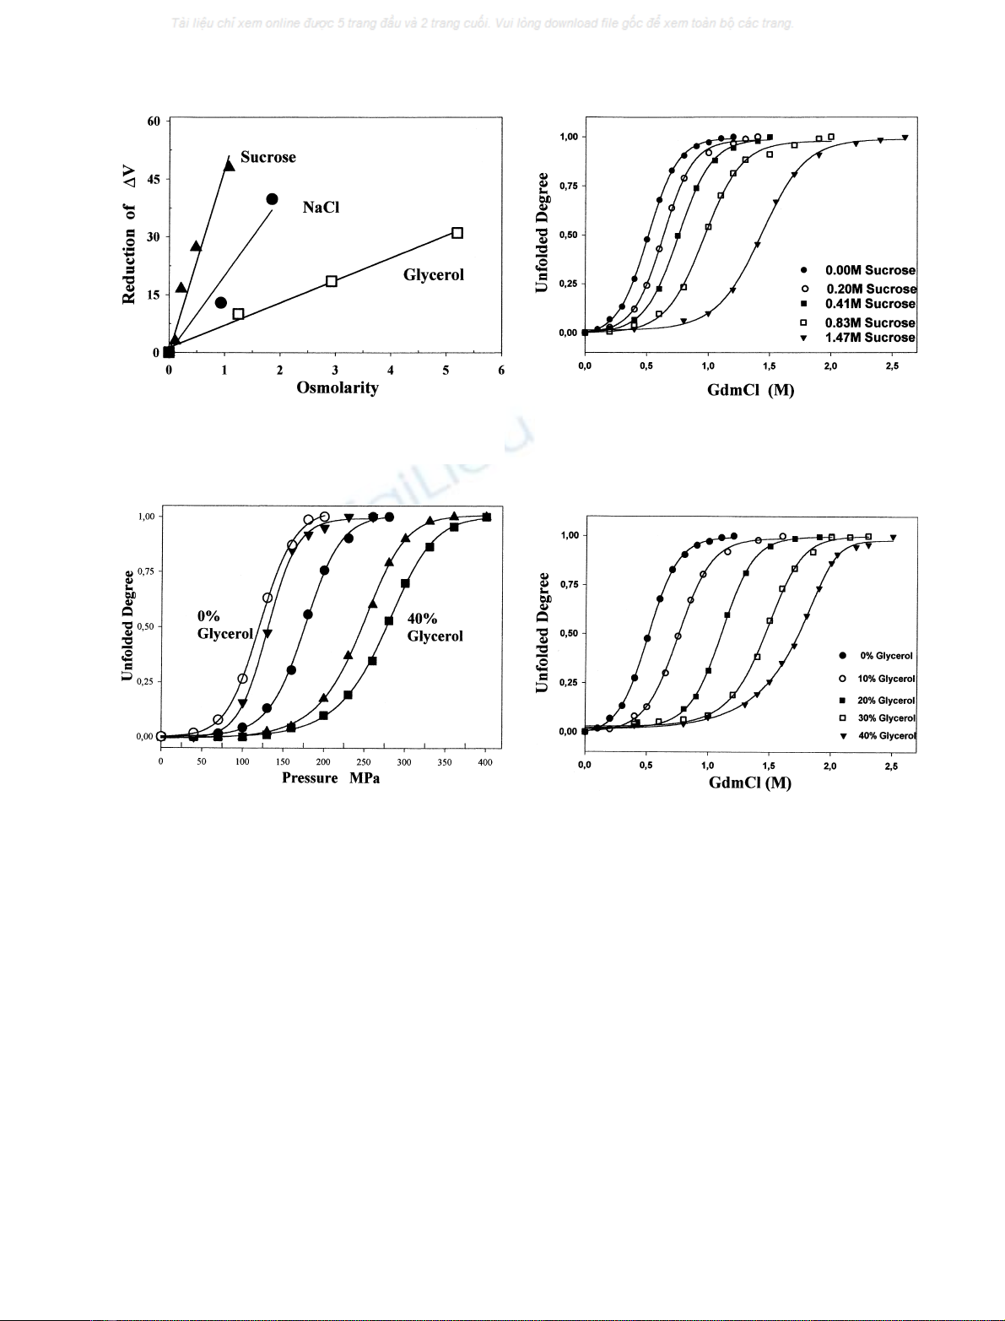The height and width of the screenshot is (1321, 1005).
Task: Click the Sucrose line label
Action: pyautogui.click(x=267, y=157)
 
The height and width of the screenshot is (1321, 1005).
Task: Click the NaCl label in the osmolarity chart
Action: pyautogui.click(x=321, y=208)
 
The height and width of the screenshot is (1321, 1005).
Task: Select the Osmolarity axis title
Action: pyautogui.click(x=337, y=387)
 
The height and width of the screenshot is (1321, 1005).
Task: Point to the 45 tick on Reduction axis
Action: pyautogui.click(x=154, y=179)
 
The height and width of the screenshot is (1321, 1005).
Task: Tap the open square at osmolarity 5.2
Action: pyautogui.click(x=457, y=233)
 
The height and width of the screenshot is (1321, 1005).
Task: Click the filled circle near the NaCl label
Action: pyautogui.click(x=272, y=199)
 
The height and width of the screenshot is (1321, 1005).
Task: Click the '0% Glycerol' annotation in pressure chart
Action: pyautogui.click(x=224, y=625)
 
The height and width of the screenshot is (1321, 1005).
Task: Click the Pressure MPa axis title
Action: pyautogui.click(x=331, y=778)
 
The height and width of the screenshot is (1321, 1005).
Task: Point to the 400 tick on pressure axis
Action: pyautogui.click(x=485, y=762)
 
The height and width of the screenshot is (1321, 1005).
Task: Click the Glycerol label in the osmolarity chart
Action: pyautogui.click(x=434, y=274)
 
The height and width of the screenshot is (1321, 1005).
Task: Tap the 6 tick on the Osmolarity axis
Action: pyautogui.click(x=501, y=370)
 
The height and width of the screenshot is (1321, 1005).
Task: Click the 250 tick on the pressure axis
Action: pyautogui.click(x=364, y=762)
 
